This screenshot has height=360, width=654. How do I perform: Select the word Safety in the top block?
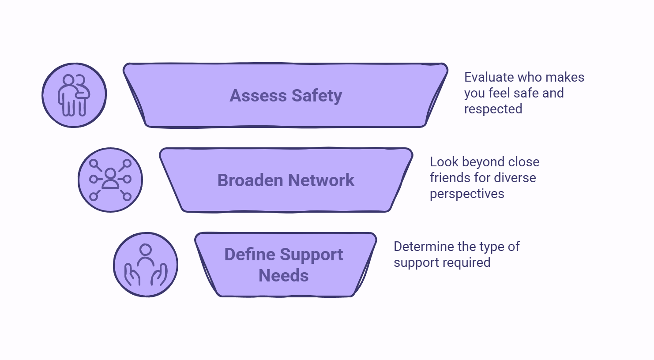(317, 96)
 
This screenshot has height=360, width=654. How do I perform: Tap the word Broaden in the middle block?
(250, 180)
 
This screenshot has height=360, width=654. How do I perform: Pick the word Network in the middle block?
(321, 180)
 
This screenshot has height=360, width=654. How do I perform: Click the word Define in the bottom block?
(250, 254)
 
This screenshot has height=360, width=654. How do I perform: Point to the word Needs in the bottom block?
(283, 276)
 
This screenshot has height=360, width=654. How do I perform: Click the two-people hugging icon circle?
(74, 95)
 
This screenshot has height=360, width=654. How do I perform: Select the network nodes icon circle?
(110, 180)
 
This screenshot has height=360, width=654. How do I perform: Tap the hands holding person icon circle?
(146, 265)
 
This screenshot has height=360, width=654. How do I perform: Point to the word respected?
(493, 109)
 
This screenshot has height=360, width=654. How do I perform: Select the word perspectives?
(467, 194)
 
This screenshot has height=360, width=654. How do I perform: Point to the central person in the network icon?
(110, 179)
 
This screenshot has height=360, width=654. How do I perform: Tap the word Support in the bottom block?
(312, 255)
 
